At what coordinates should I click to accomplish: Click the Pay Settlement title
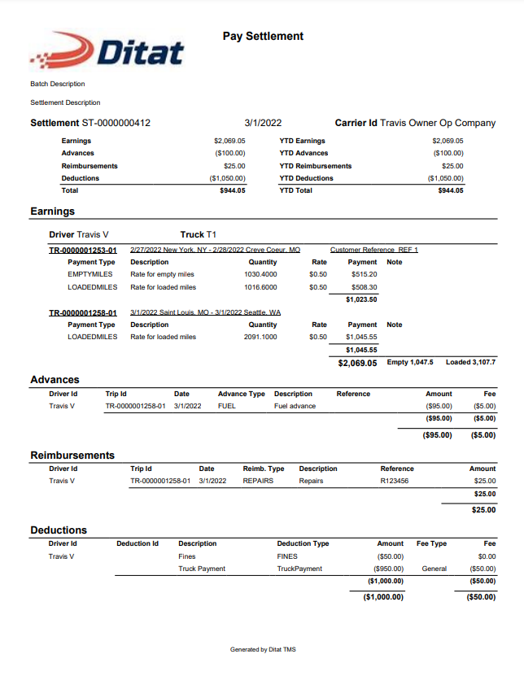[x=263, y=37]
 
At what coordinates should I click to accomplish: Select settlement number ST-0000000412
[x=116, y=123]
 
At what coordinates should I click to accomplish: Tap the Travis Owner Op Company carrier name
[x=438, y=123]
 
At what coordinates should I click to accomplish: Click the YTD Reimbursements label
[x=315, y=166]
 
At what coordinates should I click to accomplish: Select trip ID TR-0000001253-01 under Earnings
[x=83, y=250]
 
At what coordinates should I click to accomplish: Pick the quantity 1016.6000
[x=260, y=287]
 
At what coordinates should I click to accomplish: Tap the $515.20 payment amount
[x=364, y=275]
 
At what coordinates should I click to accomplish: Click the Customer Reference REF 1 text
[x=373, y=250]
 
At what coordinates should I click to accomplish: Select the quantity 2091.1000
[x=260, y=337]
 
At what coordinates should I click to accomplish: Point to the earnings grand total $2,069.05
[x=357, y=363]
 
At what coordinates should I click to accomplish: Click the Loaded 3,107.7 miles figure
[x=470, y=362]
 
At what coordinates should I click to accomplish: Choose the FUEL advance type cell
[x=227, y=406]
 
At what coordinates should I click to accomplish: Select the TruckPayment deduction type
[x=299, y=569]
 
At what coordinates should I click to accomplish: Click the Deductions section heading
[x=59, y=530]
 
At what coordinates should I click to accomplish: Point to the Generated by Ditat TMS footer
[x=263, y=649]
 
